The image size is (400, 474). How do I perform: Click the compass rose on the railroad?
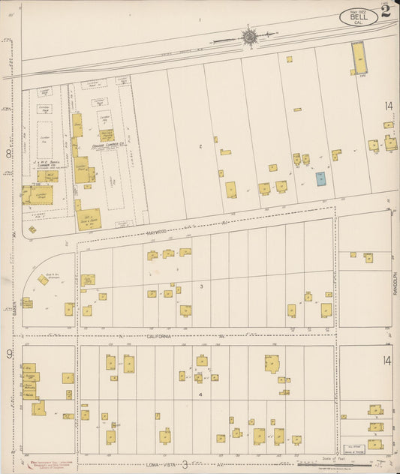tap(248, 35)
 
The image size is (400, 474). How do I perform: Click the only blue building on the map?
tap(320, 178)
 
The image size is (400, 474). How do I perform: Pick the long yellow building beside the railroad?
tap(358, 57)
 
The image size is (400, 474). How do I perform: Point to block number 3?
tap(201, 286)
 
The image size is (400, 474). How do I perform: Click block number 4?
tap(200, 394)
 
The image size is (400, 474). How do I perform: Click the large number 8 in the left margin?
tap(8, 154)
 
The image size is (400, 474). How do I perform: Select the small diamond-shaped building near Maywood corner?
tap(32, 229)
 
